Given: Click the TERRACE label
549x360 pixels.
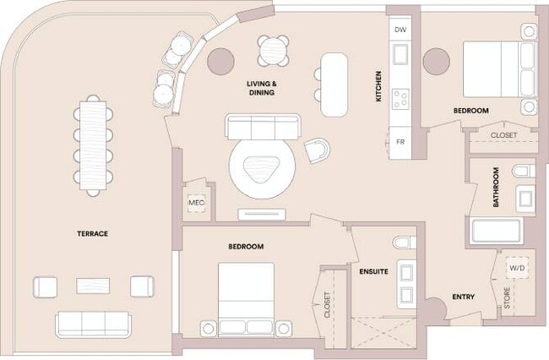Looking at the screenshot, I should (92, 233).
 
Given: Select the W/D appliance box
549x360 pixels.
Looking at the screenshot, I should (515, 268).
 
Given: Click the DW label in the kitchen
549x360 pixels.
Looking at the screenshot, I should (400, 29).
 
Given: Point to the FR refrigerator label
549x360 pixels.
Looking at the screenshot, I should (400, 142).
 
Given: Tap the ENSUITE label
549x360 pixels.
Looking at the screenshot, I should (373, 273).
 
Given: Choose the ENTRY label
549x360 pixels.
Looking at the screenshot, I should (463, 297).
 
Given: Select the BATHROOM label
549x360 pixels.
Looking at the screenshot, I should (496, 188).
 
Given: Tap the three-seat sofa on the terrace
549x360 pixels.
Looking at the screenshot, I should (93, 323).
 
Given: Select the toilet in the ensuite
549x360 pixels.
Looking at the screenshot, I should (402, 243).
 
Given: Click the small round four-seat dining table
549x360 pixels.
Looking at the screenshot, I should (274, 50).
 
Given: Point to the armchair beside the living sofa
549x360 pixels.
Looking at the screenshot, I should (319, 150).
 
